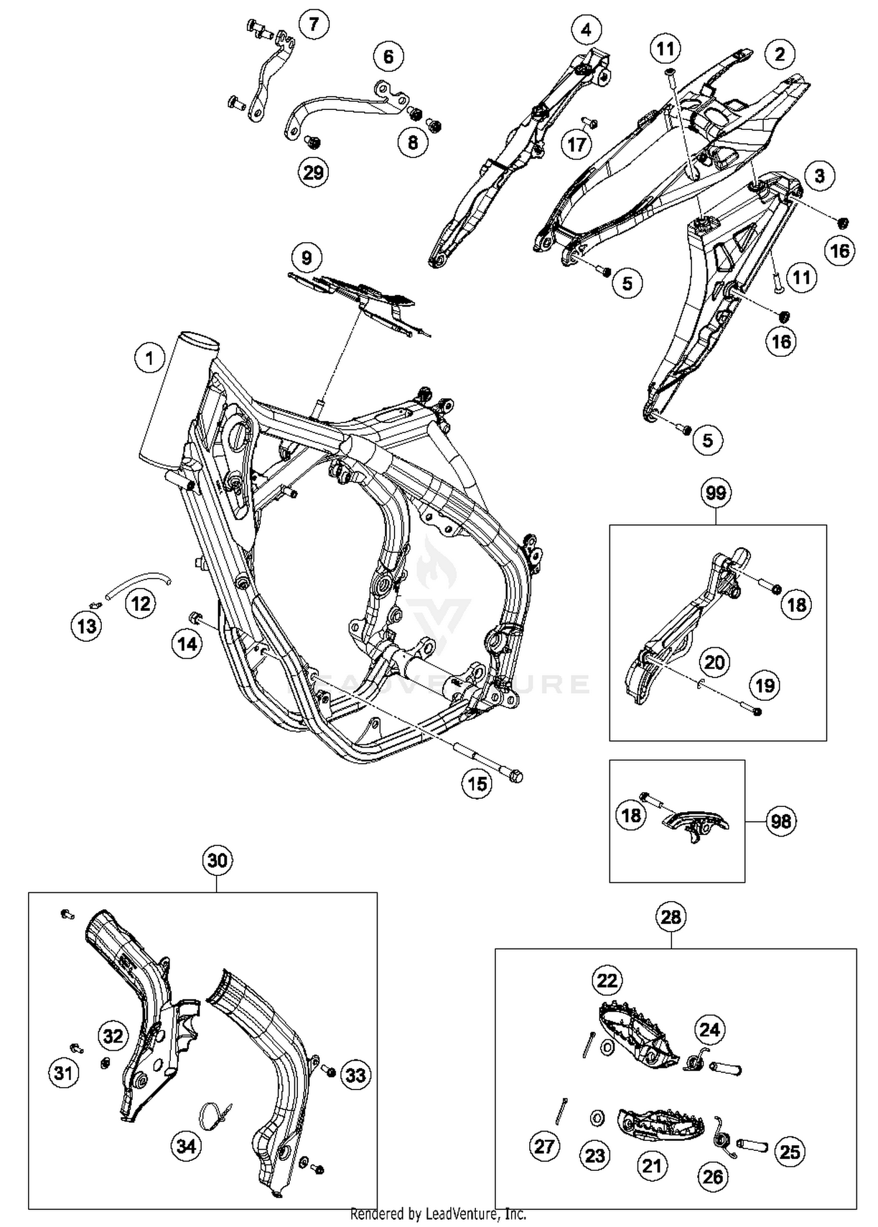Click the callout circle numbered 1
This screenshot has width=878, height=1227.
tap(149, 358)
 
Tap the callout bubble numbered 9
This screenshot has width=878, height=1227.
tap(306, 257)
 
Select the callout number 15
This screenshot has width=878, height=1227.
tap(477, 783)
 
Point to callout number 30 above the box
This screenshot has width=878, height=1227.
tap(217, 860)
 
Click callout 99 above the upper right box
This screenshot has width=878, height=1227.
tap(716, 493)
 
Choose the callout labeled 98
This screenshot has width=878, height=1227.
tap(781, 822)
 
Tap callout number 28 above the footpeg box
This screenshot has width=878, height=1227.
tap(671, 916)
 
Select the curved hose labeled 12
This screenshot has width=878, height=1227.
tap(138, 583)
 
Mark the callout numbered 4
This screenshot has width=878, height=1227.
tap(587, 30)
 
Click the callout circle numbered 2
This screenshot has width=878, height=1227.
tap(779, 54)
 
